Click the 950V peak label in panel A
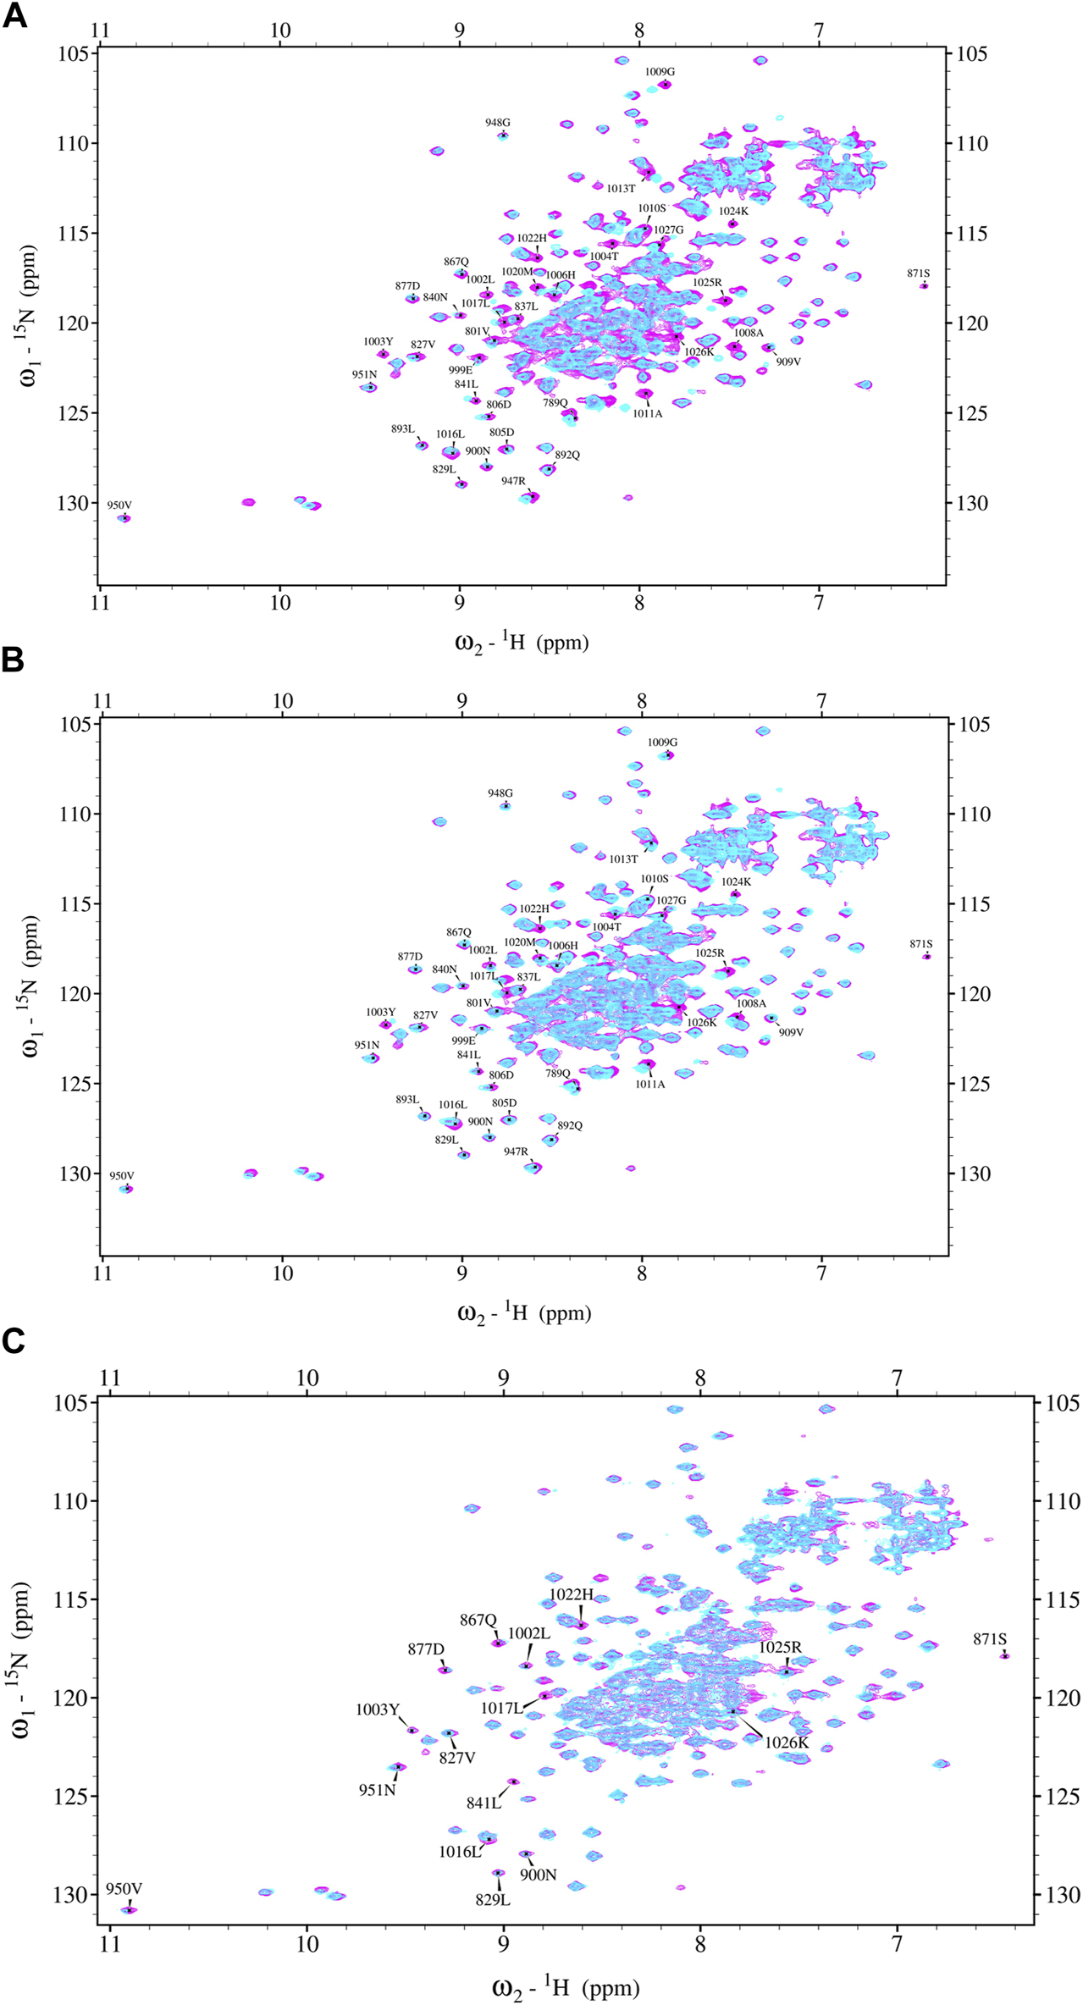119,505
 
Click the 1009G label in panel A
660,72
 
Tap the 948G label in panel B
500,793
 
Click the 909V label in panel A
788,362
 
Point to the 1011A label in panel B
650,1084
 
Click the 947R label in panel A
513,481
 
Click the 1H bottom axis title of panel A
522,642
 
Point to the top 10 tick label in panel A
279,31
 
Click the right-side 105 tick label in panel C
1058,1403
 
